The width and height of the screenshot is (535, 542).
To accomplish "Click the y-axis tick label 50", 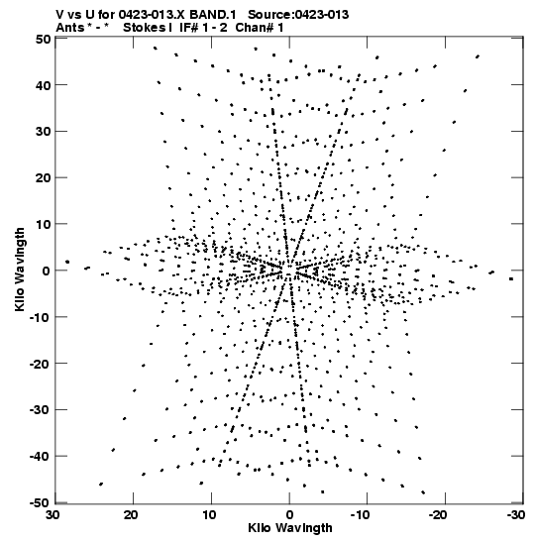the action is click(x=44, y=39).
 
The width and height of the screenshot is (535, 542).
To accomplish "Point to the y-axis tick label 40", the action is click(x=44, y=85).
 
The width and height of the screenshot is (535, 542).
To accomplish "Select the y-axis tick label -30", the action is click(x=40, y=410).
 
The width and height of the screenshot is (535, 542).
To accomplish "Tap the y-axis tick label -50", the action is click(x=40, y=503).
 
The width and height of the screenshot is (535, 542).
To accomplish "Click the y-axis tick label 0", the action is click(x=47, y=271).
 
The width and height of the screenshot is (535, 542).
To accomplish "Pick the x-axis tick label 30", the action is click(x=53, y=515).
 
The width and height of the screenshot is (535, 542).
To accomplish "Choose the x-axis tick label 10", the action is click(x=209, y=515).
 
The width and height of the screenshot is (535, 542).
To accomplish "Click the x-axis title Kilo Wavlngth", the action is click(x=290, y=528).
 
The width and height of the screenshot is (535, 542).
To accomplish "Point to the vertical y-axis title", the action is click(x=20, y=270).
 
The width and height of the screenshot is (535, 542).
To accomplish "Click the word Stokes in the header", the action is click(x=144, y=28).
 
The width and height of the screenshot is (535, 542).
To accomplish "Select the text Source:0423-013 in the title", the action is click(x=298, y=15).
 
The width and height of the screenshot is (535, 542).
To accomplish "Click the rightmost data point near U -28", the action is click(x=511, y=279).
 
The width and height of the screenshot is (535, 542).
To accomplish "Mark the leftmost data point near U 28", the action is click(x=67, y=262).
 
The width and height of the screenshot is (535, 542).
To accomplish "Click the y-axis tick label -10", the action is click(x=40, y=317).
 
